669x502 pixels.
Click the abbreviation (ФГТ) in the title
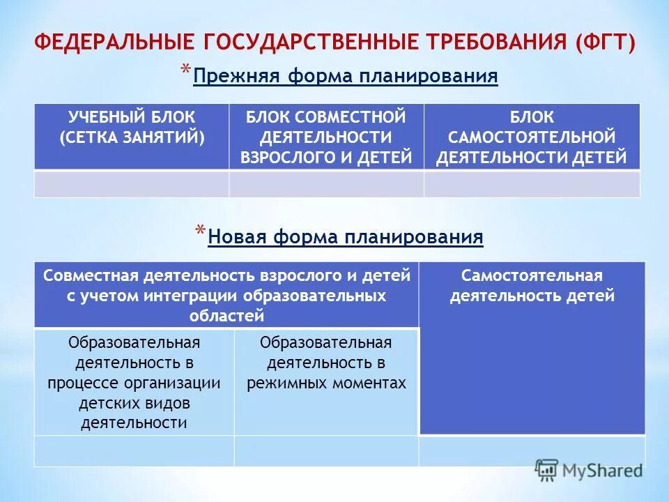606,42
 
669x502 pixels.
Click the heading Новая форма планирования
346,237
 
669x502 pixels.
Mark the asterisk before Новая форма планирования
200,233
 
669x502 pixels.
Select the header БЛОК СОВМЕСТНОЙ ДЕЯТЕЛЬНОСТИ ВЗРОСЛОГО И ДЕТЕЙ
326,137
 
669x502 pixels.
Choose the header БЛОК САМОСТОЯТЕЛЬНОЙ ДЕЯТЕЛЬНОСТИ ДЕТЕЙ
532,137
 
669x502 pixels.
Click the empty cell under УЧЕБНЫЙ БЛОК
132,184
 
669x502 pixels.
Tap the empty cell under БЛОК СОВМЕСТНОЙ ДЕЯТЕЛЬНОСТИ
326,184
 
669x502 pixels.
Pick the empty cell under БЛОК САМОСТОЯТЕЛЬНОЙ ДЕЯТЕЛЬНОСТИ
532,184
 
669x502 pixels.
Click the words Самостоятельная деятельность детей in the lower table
532,286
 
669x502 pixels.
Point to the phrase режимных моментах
326,383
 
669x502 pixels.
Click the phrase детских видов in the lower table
134,403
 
